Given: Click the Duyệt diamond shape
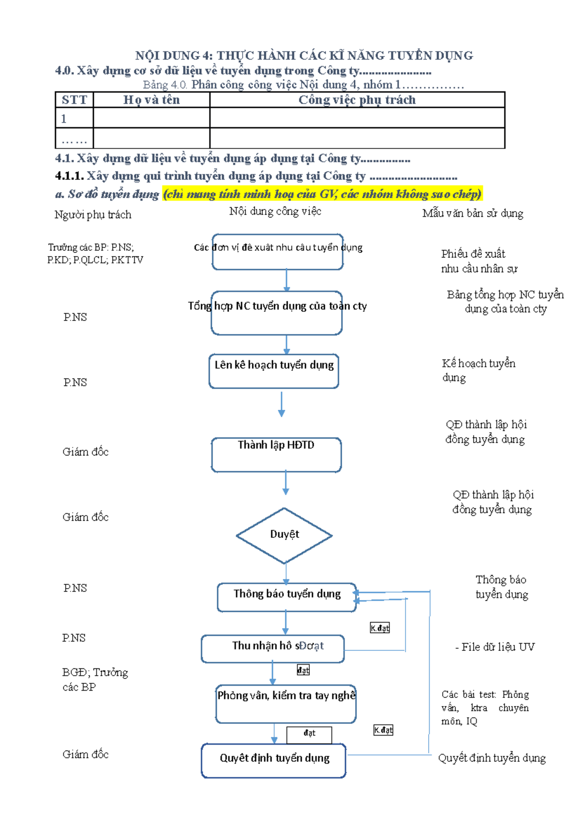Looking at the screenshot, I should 284,535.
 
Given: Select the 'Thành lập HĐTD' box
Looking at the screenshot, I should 276,455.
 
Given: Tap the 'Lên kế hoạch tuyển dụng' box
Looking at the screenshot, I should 274,371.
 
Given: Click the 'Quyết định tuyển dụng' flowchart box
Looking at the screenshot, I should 274,760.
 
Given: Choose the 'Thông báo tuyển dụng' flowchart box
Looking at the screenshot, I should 287,597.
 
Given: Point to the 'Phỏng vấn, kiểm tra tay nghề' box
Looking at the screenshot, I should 286,704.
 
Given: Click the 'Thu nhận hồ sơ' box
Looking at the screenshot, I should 273,649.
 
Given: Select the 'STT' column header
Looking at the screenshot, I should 74,100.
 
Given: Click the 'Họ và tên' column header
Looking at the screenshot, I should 151,100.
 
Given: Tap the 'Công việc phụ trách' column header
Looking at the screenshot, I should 357,100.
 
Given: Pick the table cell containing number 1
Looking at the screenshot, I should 74,118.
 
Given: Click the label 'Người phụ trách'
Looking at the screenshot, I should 93,215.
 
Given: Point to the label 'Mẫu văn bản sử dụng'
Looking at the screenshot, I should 472,213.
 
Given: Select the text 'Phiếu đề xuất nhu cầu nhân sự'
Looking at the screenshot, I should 478,261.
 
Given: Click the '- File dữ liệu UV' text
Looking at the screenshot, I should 495,647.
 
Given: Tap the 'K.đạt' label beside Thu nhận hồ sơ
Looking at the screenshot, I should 379,628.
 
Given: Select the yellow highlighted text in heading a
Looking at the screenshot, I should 322,194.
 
